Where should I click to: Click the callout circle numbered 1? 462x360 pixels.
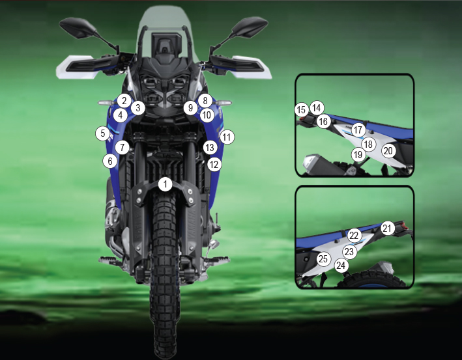(166, 184)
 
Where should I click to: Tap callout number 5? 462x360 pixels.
(103, 133)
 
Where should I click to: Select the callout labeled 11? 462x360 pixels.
(227, 137)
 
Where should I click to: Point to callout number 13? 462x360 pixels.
(210, 147)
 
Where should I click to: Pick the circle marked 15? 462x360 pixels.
(302, 110)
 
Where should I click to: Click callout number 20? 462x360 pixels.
(388, 151)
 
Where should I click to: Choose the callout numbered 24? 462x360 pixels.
(341, 266)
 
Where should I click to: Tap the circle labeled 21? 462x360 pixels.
(388, 228)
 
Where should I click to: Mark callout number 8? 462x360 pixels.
(205, 101)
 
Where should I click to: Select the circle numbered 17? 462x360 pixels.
(358, 130)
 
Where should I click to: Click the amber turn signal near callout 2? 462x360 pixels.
(106, 103)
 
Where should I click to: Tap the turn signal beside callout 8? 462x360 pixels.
(224, 103)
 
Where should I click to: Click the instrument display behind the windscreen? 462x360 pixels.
(166, 44)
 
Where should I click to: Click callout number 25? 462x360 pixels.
(323, 258)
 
